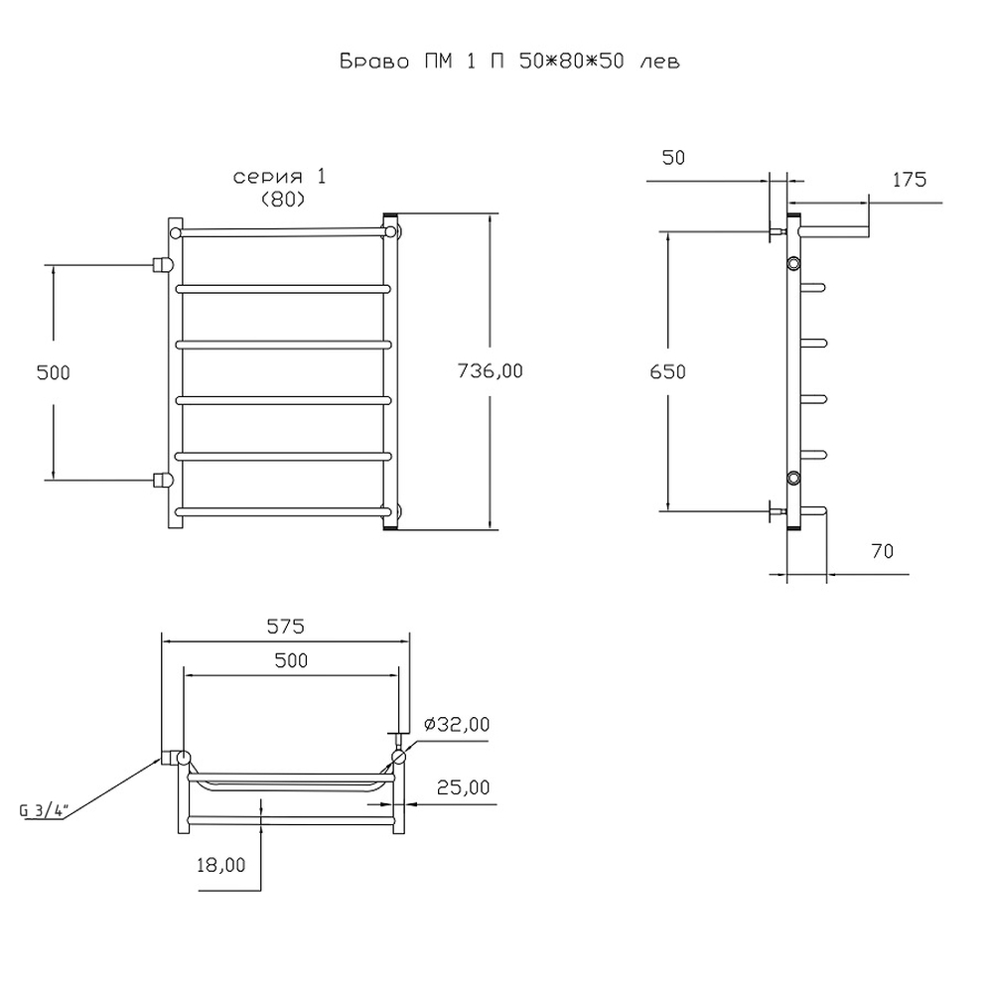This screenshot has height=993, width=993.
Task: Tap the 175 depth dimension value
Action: [909, 180]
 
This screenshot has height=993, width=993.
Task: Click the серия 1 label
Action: [279, 177]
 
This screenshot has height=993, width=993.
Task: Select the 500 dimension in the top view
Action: [291, 660]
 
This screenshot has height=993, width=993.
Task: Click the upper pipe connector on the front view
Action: [161, 264]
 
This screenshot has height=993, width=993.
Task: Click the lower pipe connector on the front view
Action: [161, 480]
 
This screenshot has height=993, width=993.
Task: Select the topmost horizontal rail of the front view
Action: [283, 231]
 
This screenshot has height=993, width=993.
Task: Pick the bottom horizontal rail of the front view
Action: [283, 512]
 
